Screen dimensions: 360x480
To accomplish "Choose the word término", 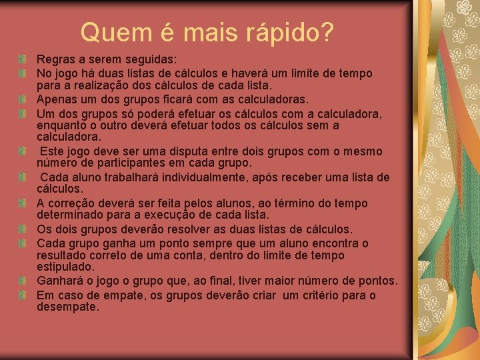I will pyautogui.click(x=298, y=203).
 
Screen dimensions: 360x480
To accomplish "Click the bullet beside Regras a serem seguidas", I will pyautogui.click(x=23, y=60).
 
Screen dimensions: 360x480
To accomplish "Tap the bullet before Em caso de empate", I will pyautogui.click(x=23, y=295).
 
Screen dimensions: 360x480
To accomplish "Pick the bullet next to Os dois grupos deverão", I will pyautogui.click(x=23, y=229).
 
